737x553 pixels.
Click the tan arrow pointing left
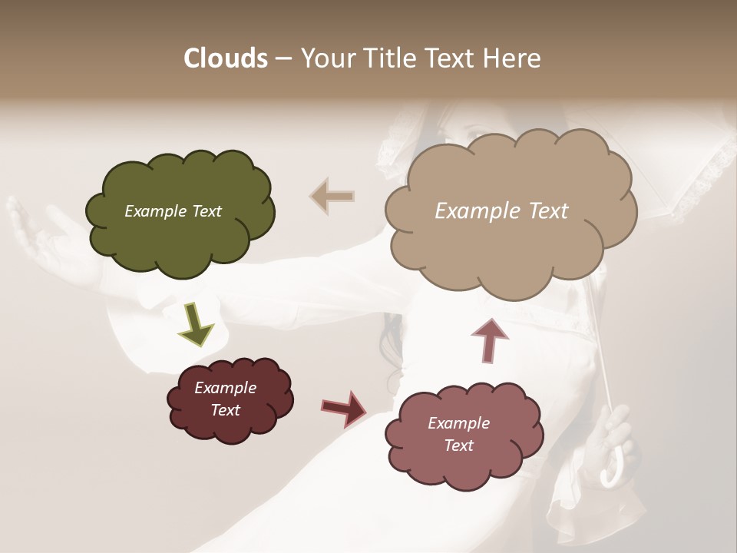[x=332, y=196]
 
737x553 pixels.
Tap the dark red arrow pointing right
[x=345, y=408]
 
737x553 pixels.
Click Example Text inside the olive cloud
[x=173, y=211]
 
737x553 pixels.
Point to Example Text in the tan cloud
[x=501, y=211]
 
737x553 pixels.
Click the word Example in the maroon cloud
[x=225, y=388]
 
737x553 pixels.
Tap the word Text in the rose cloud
[x=458, y=445]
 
